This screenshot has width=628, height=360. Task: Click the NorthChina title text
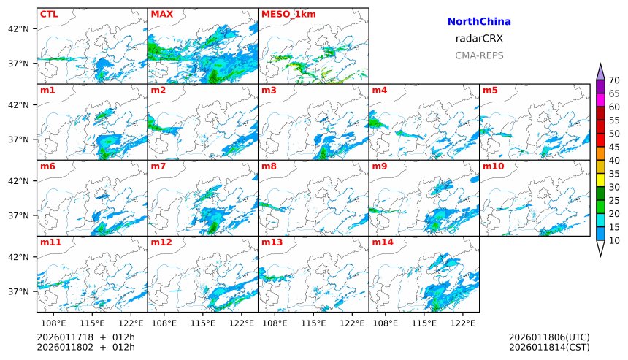[479, 22]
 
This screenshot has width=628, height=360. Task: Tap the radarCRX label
[479, 39]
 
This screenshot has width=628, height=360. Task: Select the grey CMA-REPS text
[479, 55]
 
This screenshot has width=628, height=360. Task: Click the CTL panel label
[49, 14]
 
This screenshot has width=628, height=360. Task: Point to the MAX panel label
[161, 14]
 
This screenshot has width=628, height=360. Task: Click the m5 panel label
[491, 91]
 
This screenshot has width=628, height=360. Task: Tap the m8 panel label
[269, 166]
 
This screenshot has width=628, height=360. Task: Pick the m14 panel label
[383, 242]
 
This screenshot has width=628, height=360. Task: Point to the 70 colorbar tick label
[614, 80]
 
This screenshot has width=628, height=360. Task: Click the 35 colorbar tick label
[614, 174]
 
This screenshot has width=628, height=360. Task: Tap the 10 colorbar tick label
[614, 241]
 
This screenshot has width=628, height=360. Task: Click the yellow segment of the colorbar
[600, 180]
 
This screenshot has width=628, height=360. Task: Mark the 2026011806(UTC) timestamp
[549, 337]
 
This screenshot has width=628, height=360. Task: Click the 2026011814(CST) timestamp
[549, 347]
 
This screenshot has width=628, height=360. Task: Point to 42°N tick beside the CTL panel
[18, 29]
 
